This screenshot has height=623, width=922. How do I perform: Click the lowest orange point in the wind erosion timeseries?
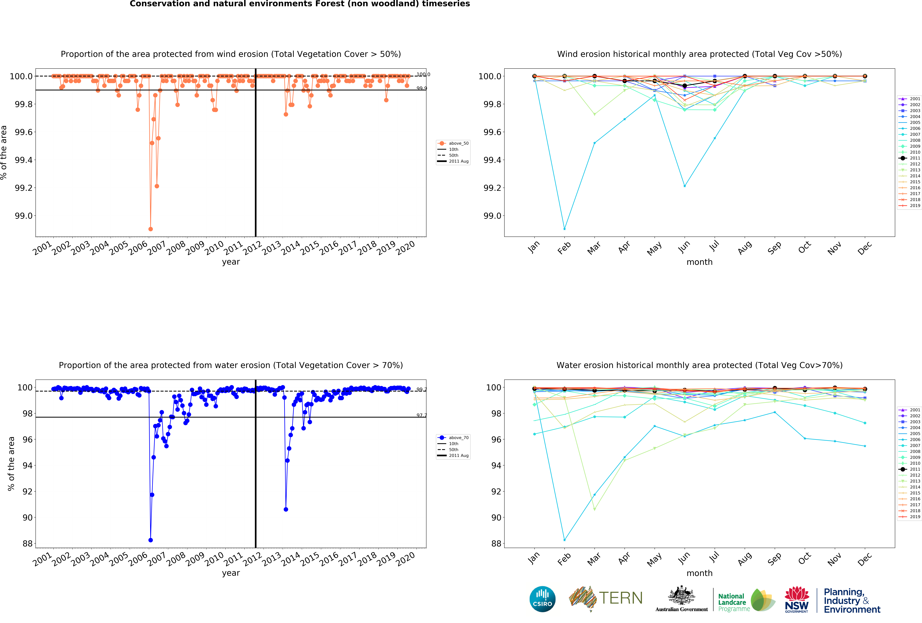[150, 229]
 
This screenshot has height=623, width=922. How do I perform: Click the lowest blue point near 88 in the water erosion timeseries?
[150, 540]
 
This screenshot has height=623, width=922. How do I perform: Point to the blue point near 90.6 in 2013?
[286, 509]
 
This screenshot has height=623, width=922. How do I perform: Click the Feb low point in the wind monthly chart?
[565, 229]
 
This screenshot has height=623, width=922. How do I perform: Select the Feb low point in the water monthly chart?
[565, 540]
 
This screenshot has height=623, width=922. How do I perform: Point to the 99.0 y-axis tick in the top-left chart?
[24, 216]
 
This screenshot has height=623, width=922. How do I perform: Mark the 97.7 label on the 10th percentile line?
[421, 415]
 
